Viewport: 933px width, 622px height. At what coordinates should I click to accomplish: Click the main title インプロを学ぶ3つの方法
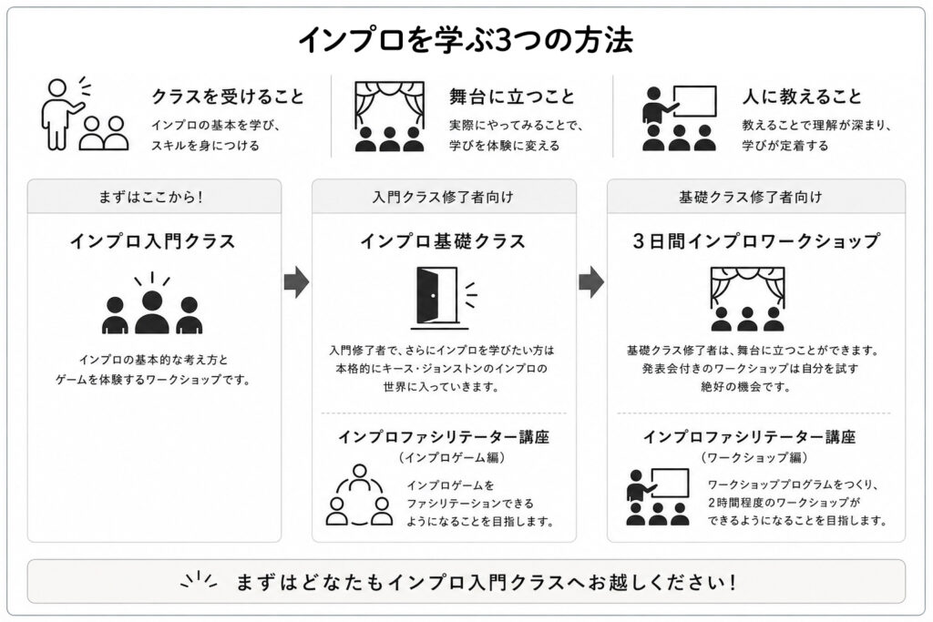466,40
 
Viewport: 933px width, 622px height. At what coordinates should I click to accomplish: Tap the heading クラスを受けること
228,97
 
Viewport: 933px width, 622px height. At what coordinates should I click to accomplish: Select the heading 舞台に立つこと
512,97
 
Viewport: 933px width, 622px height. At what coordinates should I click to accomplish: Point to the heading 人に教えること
802,97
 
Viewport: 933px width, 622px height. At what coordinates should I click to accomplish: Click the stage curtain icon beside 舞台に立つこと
390,117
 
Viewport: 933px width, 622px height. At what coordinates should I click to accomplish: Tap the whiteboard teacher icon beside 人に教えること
680,118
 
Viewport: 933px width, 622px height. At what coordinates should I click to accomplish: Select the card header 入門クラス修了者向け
444,197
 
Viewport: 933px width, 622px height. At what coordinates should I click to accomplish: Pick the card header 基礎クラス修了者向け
751,197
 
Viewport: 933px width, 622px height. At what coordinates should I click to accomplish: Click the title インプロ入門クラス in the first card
153,241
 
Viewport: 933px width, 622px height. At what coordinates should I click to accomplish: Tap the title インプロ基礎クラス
444,241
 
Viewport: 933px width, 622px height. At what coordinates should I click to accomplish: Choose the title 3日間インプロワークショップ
755,241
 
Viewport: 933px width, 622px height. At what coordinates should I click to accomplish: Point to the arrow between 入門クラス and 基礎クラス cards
296,282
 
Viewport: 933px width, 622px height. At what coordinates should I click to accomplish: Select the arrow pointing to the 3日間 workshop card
590,282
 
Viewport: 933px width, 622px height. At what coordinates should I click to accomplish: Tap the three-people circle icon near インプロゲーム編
359,495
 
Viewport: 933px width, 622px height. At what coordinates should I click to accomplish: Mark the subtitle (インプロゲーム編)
453,457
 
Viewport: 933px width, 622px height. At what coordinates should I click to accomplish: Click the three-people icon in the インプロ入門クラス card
152,303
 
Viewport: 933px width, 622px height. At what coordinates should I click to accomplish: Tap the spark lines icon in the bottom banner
199,580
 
